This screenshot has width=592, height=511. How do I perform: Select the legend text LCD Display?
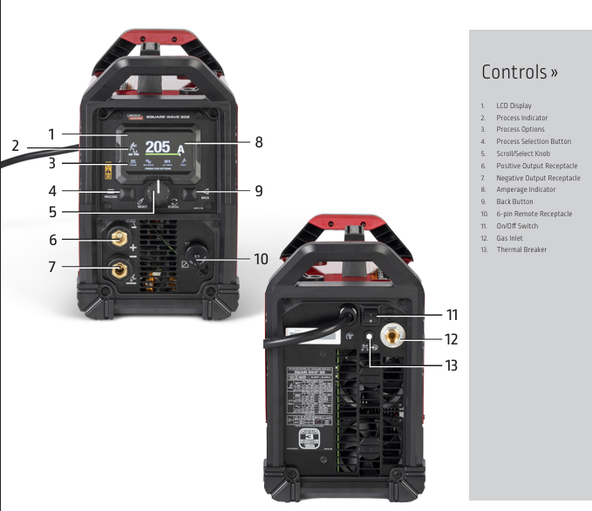coord(514,106)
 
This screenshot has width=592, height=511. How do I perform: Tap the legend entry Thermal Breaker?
coord(521,250)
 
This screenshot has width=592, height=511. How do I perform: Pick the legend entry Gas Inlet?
coord(511,238)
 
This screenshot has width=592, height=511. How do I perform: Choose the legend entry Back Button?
coord(514,201)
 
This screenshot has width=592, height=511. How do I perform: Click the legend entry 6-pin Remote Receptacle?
coord(534,214)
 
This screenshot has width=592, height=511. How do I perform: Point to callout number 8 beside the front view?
coord(258,141)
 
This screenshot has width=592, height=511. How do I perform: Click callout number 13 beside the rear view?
coord(450,365)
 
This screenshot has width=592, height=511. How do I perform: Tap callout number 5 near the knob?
coord(52,211)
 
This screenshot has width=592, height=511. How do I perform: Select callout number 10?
coord(261,258)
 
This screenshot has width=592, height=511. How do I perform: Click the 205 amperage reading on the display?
coord(158,146)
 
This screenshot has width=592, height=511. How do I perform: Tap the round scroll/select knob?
coord(159,191)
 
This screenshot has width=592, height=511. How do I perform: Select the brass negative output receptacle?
coord(119,266)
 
